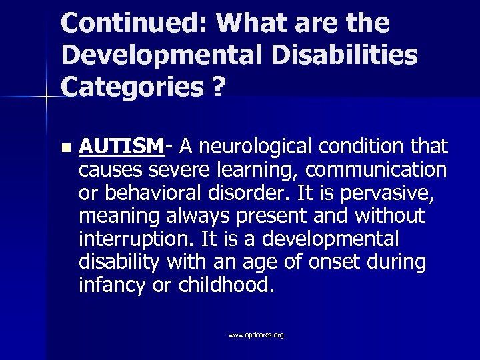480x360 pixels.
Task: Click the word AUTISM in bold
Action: [121, 146]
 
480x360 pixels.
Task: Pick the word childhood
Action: [225, 285]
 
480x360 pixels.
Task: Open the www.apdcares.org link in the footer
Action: [256, 335]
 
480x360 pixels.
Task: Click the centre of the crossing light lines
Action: [47, 98]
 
